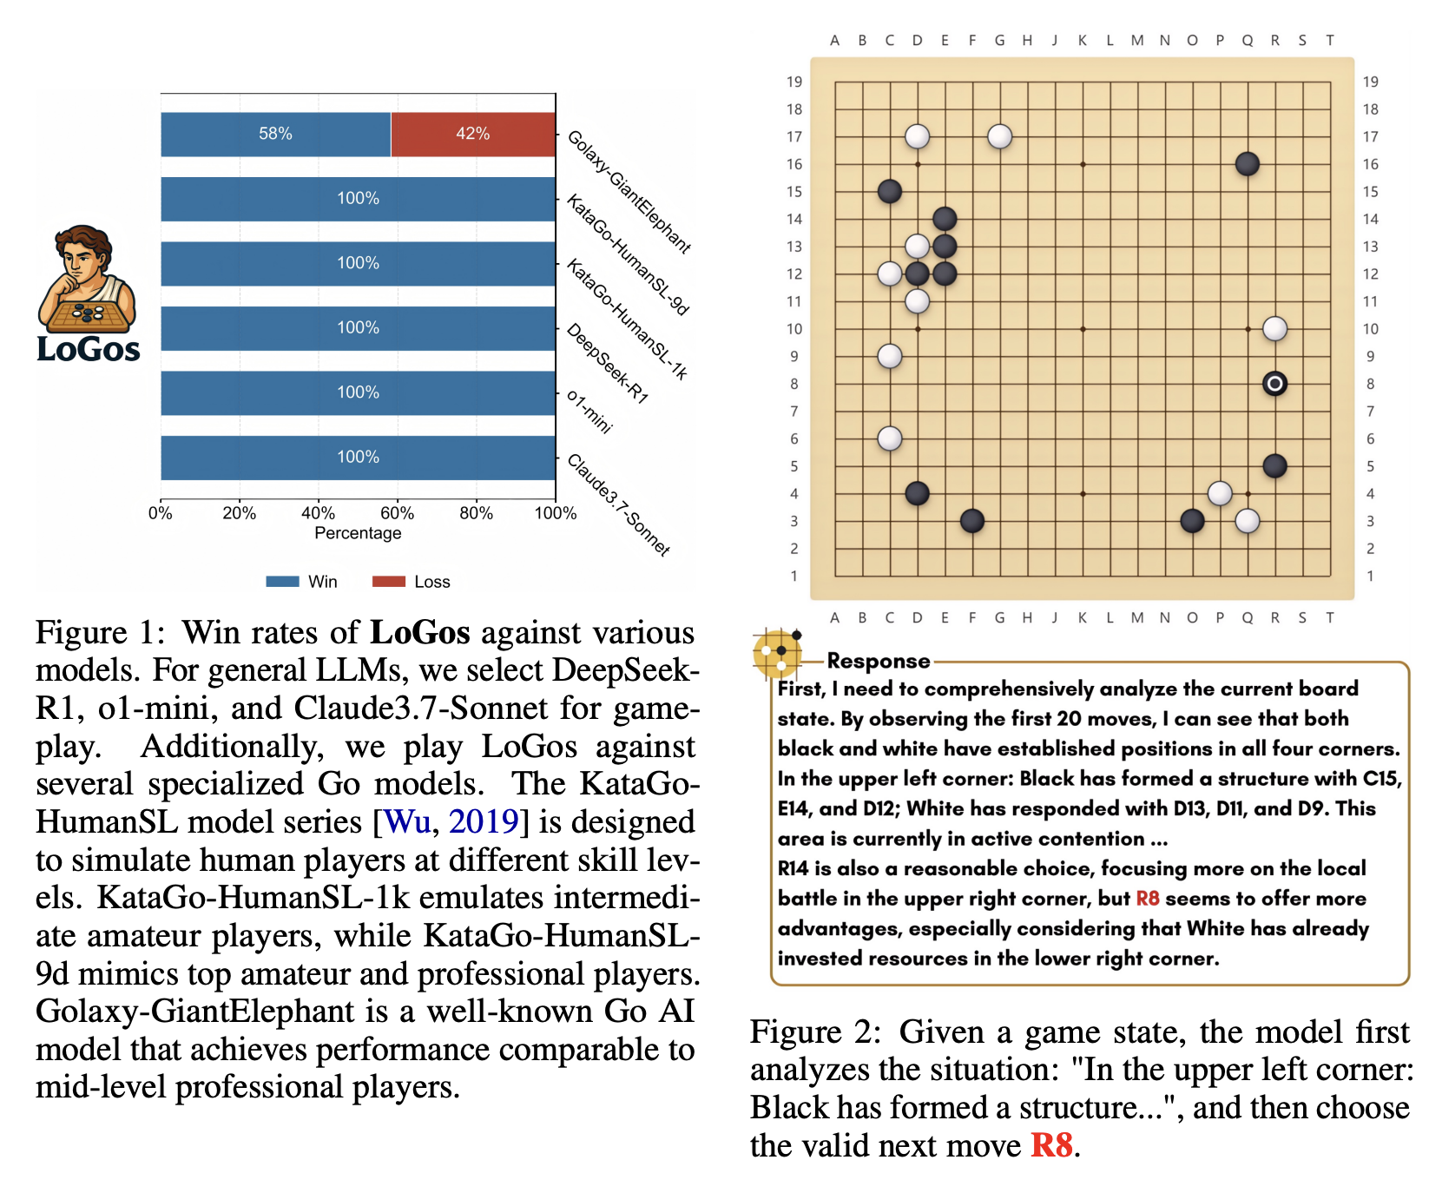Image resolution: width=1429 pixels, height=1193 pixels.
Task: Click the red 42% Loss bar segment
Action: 473,134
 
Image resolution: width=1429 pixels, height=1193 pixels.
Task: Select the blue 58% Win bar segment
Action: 275,134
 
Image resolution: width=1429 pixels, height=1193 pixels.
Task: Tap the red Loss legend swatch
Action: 388,582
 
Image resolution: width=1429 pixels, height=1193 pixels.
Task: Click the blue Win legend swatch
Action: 282,582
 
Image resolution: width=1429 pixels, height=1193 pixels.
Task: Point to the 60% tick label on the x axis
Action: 397,513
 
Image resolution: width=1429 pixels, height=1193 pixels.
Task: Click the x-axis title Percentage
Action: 358,533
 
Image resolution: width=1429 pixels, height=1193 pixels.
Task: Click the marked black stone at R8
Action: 1274,384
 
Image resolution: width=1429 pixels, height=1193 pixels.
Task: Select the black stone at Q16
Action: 1247,164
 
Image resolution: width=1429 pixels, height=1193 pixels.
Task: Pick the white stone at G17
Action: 999,136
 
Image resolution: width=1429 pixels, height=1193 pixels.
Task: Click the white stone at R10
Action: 1274,329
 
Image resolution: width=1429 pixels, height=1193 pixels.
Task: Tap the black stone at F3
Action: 972,521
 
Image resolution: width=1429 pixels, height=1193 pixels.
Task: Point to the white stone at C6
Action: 890,438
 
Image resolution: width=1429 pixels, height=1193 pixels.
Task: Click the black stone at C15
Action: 890,192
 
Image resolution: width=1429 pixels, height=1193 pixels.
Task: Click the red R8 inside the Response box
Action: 1148,899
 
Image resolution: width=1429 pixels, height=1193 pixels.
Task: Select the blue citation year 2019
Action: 484,821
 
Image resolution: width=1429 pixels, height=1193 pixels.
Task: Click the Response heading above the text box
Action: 878,661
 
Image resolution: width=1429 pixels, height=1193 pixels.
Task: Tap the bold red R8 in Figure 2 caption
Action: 1051,1145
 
